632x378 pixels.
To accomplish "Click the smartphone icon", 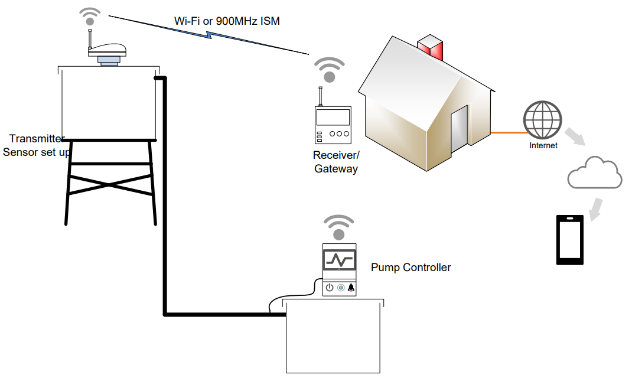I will point(570,240).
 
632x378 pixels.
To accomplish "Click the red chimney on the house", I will point(430,48).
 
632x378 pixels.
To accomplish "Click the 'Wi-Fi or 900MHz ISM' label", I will point(227,21).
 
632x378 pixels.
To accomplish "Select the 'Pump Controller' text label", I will point(411,268).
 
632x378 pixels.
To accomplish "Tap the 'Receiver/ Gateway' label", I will point(336,162).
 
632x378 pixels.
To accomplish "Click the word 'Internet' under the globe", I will point(543,145).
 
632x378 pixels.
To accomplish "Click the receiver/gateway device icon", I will point(332,124).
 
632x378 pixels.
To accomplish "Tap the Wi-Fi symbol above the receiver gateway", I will point(329,70).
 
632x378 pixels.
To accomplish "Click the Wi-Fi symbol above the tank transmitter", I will point(90,16).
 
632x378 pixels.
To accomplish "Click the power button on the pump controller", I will point(330,288).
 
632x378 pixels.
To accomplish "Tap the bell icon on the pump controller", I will point(351,288).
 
